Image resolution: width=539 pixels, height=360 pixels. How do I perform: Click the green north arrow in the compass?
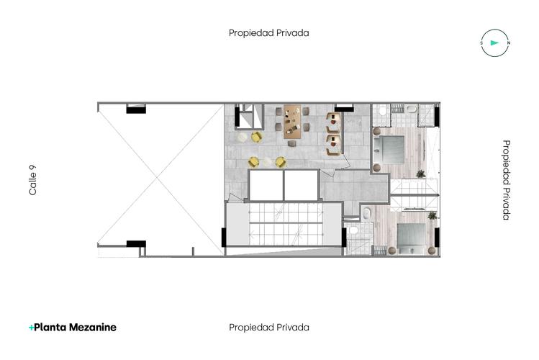coord(494,43)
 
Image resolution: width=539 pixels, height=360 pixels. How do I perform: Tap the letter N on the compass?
coord(508,43)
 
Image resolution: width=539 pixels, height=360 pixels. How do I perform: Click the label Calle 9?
coord(32,180)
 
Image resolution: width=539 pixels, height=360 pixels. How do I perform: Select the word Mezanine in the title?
coord(91,327)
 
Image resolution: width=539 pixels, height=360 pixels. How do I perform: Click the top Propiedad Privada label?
coord(269,32)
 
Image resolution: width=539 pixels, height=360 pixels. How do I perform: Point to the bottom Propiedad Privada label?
coord(269,327)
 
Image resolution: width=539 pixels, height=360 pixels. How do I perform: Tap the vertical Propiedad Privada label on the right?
coord(507,180)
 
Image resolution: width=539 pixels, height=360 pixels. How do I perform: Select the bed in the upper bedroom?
coord(392,149)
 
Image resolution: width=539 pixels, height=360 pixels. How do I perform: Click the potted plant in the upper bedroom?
coord(420,174)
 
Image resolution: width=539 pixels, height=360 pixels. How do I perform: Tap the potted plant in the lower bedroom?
coord(432,215)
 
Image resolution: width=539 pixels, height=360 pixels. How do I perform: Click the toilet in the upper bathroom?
coord(411,109)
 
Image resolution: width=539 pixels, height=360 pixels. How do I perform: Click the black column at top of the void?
coord(136,109)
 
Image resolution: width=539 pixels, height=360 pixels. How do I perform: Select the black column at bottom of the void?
coord(136,243)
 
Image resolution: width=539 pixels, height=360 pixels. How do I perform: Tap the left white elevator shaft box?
coord(265,186)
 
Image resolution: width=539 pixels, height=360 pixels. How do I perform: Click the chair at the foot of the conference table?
coord(292,143)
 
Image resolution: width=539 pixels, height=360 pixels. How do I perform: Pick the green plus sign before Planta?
coord(31,327)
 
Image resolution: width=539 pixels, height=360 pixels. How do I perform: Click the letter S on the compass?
coord(481,43)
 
